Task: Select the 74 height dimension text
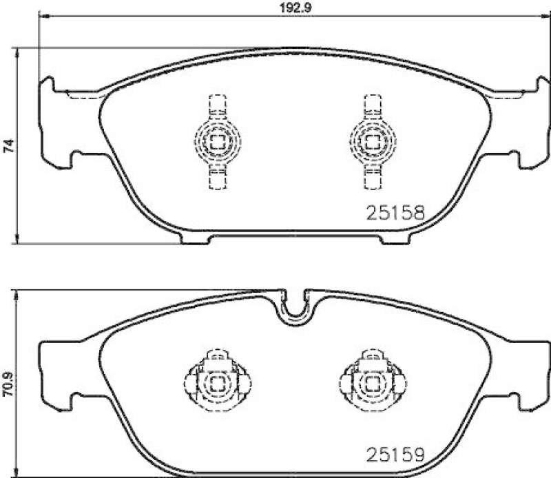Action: [x=8, y=145]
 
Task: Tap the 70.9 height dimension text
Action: [x=8, y=382]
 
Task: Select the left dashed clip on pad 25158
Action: [x=217, y=142]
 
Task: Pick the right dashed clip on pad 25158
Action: [x=372, y=142]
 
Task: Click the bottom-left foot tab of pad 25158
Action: [x=196, y=239]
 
